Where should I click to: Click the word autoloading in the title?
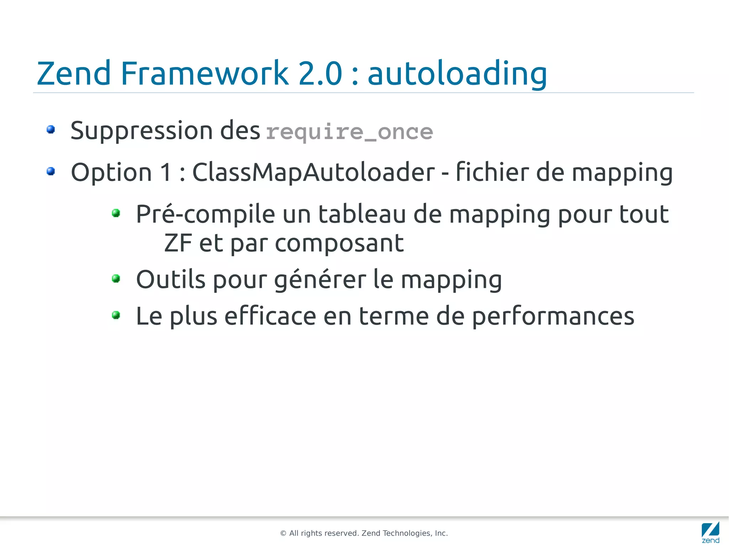[457, 74]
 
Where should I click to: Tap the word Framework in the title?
[204, 73]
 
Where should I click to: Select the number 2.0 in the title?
[320, 73]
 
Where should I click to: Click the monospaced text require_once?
[349, 132]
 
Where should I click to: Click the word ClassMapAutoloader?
[313, 172]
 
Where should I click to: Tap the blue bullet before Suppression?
[51, 129]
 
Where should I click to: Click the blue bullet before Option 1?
[51, 171]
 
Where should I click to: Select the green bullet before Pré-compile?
[116, 213]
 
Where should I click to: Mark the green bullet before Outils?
[116, 278]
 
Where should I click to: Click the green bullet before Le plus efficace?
[116, 315]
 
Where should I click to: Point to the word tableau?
[362, 214]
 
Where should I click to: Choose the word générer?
[320, 280]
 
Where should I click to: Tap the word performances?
[553, 316]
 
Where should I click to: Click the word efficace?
[270, 316]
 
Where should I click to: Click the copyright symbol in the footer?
[283, 533]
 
